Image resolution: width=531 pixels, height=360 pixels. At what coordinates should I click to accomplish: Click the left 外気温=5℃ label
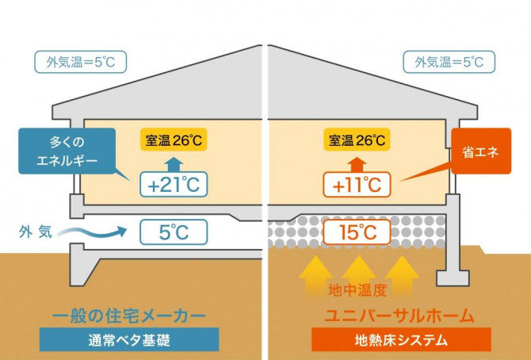click(x=81, y=62)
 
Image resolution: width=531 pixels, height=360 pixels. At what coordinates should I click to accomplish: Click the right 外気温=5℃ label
click(x=449, y=62)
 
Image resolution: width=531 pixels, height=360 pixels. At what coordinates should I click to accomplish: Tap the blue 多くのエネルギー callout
click(x=67, y=151)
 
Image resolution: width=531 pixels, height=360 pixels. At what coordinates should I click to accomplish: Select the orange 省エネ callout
click(x=481, y=151)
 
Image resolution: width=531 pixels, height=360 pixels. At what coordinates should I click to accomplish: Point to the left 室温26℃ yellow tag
click(x=174, y=140)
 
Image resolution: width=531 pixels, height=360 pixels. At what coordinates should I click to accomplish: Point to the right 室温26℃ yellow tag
click(x=357, y=140)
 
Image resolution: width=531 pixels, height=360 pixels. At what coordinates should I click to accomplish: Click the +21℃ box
click(x=174, y=185)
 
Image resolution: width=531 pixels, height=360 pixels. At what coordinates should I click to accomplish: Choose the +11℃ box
click(x=357, y=185)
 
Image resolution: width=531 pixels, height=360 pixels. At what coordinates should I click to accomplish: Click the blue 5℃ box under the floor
click(x=174, y=232)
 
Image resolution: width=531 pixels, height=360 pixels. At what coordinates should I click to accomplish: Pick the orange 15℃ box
click(x=357, y=232)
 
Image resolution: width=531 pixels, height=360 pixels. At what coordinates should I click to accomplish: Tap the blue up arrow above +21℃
click(x=174, y=165)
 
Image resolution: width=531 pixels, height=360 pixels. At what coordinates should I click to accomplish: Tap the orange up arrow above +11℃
click(x=357, y=165)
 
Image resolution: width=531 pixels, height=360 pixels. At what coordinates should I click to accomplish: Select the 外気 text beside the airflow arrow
click(x=36, y=232)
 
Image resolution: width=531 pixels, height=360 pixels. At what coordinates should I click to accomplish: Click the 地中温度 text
click(x=357, y=290)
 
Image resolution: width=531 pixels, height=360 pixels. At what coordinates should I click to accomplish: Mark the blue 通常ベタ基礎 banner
click(x=129, y=339)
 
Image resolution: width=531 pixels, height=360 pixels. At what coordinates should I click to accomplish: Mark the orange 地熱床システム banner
click(x=401, y=339)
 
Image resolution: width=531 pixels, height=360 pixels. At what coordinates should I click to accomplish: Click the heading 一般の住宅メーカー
click(x=129, y=316)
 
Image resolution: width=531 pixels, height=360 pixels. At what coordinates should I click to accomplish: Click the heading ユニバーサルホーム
click(x=399, y=316)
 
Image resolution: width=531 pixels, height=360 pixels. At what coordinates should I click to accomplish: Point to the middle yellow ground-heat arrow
click(x=359, y=275)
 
